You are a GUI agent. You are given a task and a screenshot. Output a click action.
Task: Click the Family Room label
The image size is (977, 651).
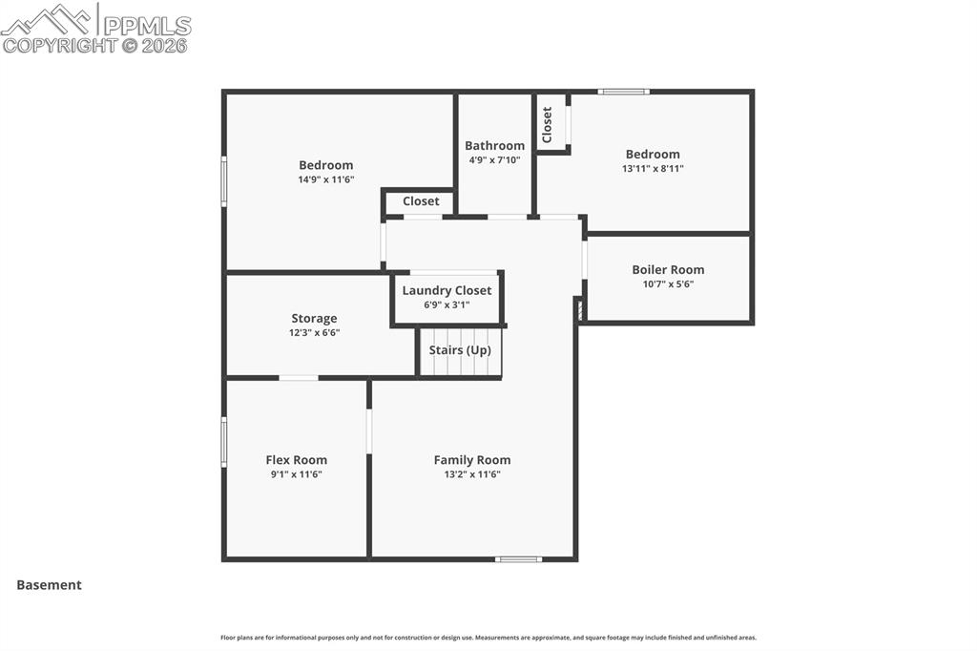[472, 460]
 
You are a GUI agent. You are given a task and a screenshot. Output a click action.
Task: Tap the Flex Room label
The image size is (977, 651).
[296, 460]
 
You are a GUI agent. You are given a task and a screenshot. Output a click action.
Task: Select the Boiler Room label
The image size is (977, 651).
[668, 270]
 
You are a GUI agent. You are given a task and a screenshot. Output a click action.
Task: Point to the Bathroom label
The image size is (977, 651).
[494, 146]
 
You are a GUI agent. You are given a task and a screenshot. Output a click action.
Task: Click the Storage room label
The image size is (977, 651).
[314, 319]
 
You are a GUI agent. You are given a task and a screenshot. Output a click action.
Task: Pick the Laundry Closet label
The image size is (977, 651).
[447, 290]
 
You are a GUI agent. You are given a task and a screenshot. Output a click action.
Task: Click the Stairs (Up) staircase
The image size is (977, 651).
[460, 351]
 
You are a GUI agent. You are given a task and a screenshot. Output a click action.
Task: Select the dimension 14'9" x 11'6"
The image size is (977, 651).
[325, 179]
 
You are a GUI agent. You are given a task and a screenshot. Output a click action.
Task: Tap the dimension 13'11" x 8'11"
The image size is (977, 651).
[653, 168]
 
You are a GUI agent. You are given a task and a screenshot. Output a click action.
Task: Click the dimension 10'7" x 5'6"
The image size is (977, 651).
[668, 283]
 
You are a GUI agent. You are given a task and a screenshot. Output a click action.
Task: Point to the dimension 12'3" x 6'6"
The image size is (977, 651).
[314, 333]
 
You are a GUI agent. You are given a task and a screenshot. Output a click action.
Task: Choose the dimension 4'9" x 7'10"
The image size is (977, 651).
[494, 159]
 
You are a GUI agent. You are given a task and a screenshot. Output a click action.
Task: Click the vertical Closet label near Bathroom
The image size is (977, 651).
[548, 124]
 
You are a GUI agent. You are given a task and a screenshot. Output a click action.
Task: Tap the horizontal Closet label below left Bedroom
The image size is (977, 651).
[421, 201]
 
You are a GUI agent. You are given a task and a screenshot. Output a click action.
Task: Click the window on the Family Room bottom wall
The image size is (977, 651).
[518, 559]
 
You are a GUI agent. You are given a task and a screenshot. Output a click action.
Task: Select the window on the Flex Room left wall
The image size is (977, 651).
[224, 442]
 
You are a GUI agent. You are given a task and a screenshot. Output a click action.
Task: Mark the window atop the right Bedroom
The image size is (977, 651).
[624, 92]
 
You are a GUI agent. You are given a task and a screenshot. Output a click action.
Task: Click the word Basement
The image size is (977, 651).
[49, 585]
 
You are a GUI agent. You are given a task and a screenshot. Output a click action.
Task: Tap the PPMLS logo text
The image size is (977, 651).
[147, 26]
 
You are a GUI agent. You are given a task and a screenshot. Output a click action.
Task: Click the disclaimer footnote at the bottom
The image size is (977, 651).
[488, 638]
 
